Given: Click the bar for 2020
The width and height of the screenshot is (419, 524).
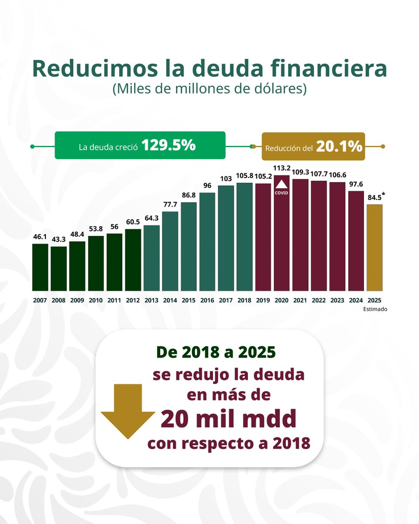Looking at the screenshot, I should pos(282,236).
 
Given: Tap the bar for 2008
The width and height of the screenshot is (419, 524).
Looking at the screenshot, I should pos(58,269).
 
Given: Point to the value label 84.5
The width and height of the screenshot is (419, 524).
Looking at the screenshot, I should pos(374,197).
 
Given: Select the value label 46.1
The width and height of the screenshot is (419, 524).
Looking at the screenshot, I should pos(40,237).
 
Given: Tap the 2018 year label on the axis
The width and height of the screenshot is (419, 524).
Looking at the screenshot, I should pos(244,300).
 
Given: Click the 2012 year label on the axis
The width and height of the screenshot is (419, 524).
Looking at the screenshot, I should pos(133,300).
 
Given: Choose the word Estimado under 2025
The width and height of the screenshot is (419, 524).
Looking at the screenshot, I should pos(375,309).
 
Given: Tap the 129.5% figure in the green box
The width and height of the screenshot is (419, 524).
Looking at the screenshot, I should pos(168,146).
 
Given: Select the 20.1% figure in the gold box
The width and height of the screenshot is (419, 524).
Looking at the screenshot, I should pos(339,147).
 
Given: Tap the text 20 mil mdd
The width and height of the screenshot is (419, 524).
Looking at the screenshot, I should pos(228,419).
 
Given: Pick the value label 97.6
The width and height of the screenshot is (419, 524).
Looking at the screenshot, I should pos(356,184).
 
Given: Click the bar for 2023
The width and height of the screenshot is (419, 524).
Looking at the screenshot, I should pos(337,236).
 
